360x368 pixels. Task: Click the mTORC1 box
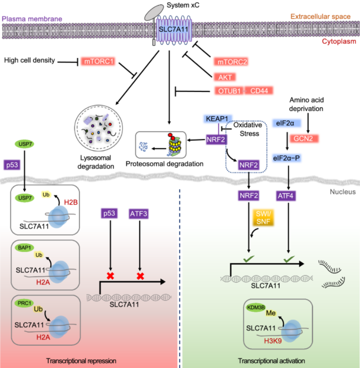pos(98,61)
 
